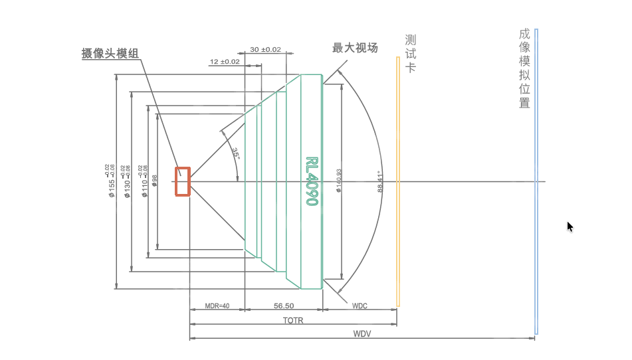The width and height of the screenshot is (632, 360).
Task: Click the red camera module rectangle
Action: coord(183,181)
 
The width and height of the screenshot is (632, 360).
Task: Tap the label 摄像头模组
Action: coord(110,54)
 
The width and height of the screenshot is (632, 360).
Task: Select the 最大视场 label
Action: coord(355,48)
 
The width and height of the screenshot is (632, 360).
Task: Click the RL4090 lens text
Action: coord(311,181)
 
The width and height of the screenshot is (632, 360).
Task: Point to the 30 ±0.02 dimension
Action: coord(265,50)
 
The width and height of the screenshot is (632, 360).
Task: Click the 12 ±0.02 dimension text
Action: coord(224,62)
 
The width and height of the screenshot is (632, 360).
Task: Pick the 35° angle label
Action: coord(236,153)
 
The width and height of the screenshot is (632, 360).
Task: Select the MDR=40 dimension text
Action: coord(217,306)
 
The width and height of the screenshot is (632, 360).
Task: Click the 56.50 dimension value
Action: coord(284,306)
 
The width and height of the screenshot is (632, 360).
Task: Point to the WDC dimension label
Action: coord(360,306)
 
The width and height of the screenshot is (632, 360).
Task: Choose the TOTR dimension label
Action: coord(293,320)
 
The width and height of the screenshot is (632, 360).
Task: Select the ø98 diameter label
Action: coord(155,181)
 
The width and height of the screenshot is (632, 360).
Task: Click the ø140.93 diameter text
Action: coord(338,181)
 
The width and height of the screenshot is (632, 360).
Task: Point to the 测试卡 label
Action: coord(411,53)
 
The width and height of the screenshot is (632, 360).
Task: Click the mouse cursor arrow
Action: coord(569,226)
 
